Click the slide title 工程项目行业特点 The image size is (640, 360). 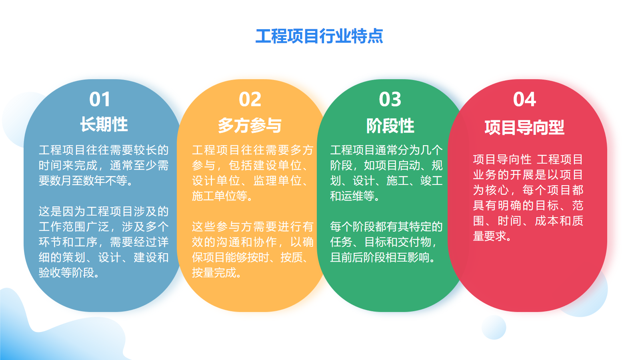319,36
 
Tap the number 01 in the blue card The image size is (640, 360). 100,100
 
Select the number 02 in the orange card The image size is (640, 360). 250,100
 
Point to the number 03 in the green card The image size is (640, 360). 390,100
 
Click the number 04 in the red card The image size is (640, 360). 524,100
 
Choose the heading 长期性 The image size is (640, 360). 104,124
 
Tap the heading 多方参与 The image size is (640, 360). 250,126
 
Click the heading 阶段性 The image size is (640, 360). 390,126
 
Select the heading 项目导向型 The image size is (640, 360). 524,128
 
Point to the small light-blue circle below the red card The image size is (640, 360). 494,328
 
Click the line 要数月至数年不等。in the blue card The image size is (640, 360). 86,180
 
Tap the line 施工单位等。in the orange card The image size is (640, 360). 222,196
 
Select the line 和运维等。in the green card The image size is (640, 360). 355,196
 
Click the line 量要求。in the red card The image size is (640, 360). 492,236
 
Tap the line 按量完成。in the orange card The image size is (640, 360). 216,272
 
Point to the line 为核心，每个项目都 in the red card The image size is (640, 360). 528,190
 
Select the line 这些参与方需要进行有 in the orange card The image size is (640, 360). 252,226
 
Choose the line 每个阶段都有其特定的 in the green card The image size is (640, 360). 386,226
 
